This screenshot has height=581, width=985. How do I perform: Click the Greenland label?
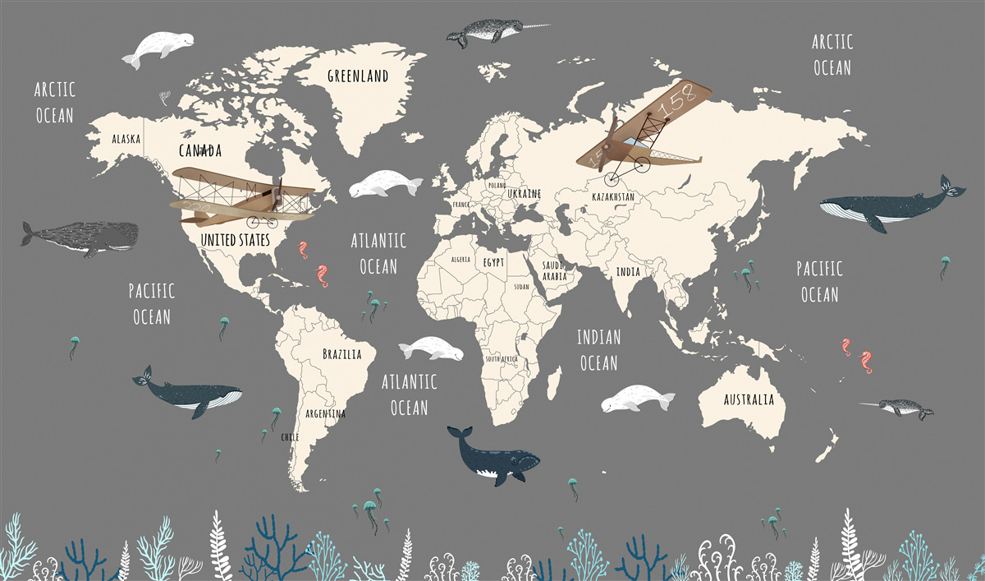pos(357,76)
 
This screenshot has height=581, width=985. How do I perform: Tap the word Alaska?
pos(126,139)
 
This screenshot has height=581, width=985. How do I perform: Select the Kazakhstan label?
pos(613,197)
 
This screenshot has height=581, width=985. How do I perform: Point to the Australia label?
pos(748,400)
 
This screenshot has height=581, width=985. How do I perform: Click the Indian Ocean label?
pos(598,349)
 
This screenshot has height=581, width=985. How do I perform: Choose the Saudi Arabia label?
pos(554,271)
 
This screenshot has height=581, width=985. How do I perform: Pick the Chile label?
pos(290,436)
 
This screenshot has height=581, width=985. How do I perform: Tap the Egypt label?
pos(493,262)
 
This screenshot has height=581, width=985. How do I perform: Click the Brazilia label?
pos(341,355)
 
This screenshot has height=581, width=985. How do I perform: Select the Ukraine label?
pos(524,193)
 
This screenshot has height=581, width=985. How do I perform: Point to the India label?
pos(629,271)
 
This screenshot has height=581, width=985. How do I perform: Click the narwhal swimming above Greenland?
pos(489,34)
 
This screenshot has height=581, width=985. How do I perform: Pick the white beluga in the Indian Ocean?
pos(636,399)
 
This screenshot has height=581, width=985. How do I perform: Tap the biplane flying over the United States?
pos(242,197)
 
